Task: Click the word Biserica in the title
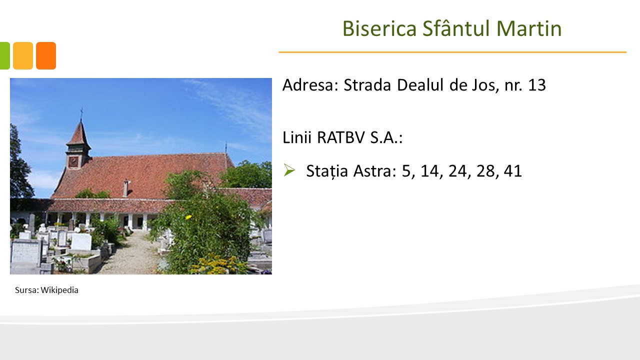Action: coord(379,28)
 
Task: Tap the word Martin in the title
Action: coord(529,28)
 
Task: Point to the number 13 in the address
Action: coord(537,85)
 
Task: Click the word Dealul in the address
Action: coord(420,85)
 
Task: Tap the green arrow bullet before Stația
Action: coord(289,170)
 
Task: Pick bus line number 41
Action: coord(513,171)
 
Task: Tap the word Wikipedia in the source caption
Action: coord(59,290)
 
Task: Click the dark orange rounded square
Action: coord(46,55)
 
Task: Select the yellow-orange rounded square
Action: coord(23,55)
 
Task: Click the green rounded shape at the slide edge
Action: coord(5,55)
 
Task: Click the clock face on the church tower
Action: coord(73,162)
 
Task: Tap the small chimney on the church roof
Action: coord(125,188)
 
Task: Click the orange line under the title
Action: coord(452,52)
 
